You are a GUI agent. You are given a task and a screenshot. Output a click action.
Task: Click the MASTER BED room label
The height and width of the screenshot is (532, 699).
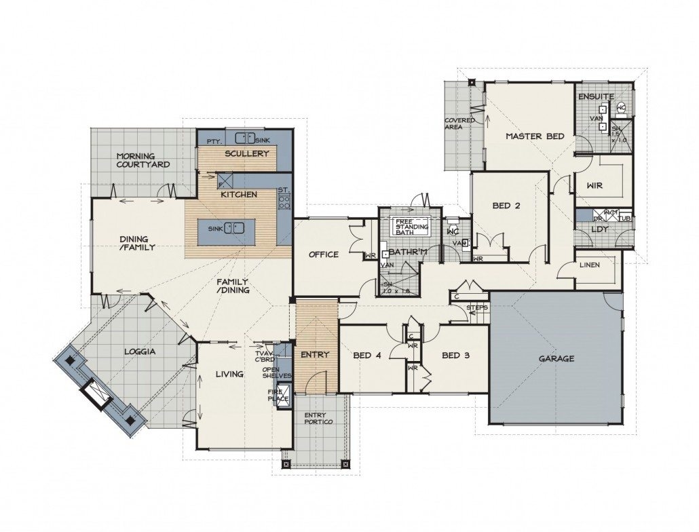click(x=535, y=136)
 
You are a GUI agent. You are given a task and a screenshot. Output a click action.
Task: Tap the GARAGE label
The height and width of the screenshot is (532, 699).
click(x=556, y=358)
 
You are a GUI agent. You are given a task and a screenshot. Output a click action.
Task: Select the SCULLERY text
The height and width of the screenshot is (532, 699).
click(x=247, y=154)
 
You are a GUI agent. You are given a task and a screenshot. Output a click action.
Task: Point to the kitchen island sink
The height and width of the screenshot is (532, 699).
click(x=234, y=227)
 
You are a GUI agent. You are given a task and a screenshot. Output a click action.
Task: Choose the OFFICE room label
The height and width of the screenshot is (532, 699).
click(x=324, y=254)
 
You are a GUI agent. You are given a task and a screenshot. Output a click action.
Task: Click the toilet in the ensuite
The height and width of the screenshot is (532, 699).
click(x=620, y=107)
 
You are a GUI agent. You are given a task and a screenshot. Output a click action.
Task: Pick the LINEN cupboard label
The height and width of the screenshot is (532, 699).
click(x=588, y=265)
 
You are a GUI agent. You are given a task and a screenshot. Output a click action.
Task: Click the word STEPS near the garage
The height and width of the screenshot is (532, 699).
click(x=478, y=307)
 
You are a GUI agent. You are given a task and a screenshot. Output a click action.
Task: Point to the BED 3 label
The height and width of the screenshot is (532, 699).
click(x=456, y=355)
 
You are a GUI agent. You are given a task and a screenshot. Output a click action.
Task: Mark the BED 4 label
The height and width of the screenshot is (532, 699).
click(x=368, y=355)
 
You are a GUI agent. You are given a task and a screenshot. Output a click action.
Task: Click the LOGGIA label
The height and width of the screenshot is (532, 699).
click(x=141, y=351)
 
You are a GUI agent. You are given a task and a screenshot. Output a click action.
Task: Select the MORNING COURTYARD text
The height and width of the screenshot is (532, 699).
click(x=143, y=159)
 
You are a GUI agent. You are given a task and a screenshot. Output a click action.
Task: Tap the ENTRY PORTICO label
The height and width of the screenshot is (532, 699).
click(x=318, y=419)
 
